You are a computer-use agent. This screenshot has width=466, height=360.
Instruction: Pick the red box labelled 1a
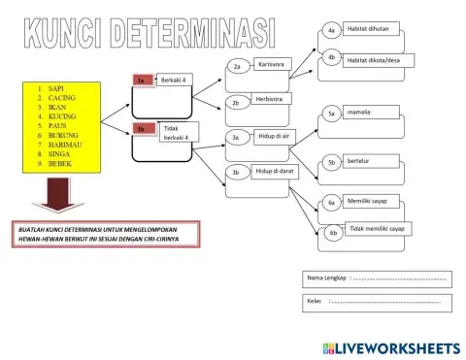[x=141, y=81]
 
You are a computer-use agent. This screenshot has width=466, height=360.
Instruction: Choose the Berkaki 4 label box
[x=176, y=79]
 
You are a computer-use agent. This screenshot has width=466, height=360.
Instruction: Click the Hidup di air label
[x=276, y=137]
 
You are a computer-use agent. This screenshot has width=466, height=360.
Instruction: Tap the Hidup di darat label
[x=274, y=171]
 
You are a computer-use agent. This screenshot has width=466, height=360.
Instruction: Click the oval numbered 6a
[x=331, y=203]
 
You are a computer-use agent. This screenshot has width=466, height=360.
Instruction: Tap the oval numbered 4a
[x=331, y=31]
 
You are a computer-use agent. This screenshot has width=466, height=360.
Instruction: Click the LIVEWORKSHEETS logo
[x=387, y=346]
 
